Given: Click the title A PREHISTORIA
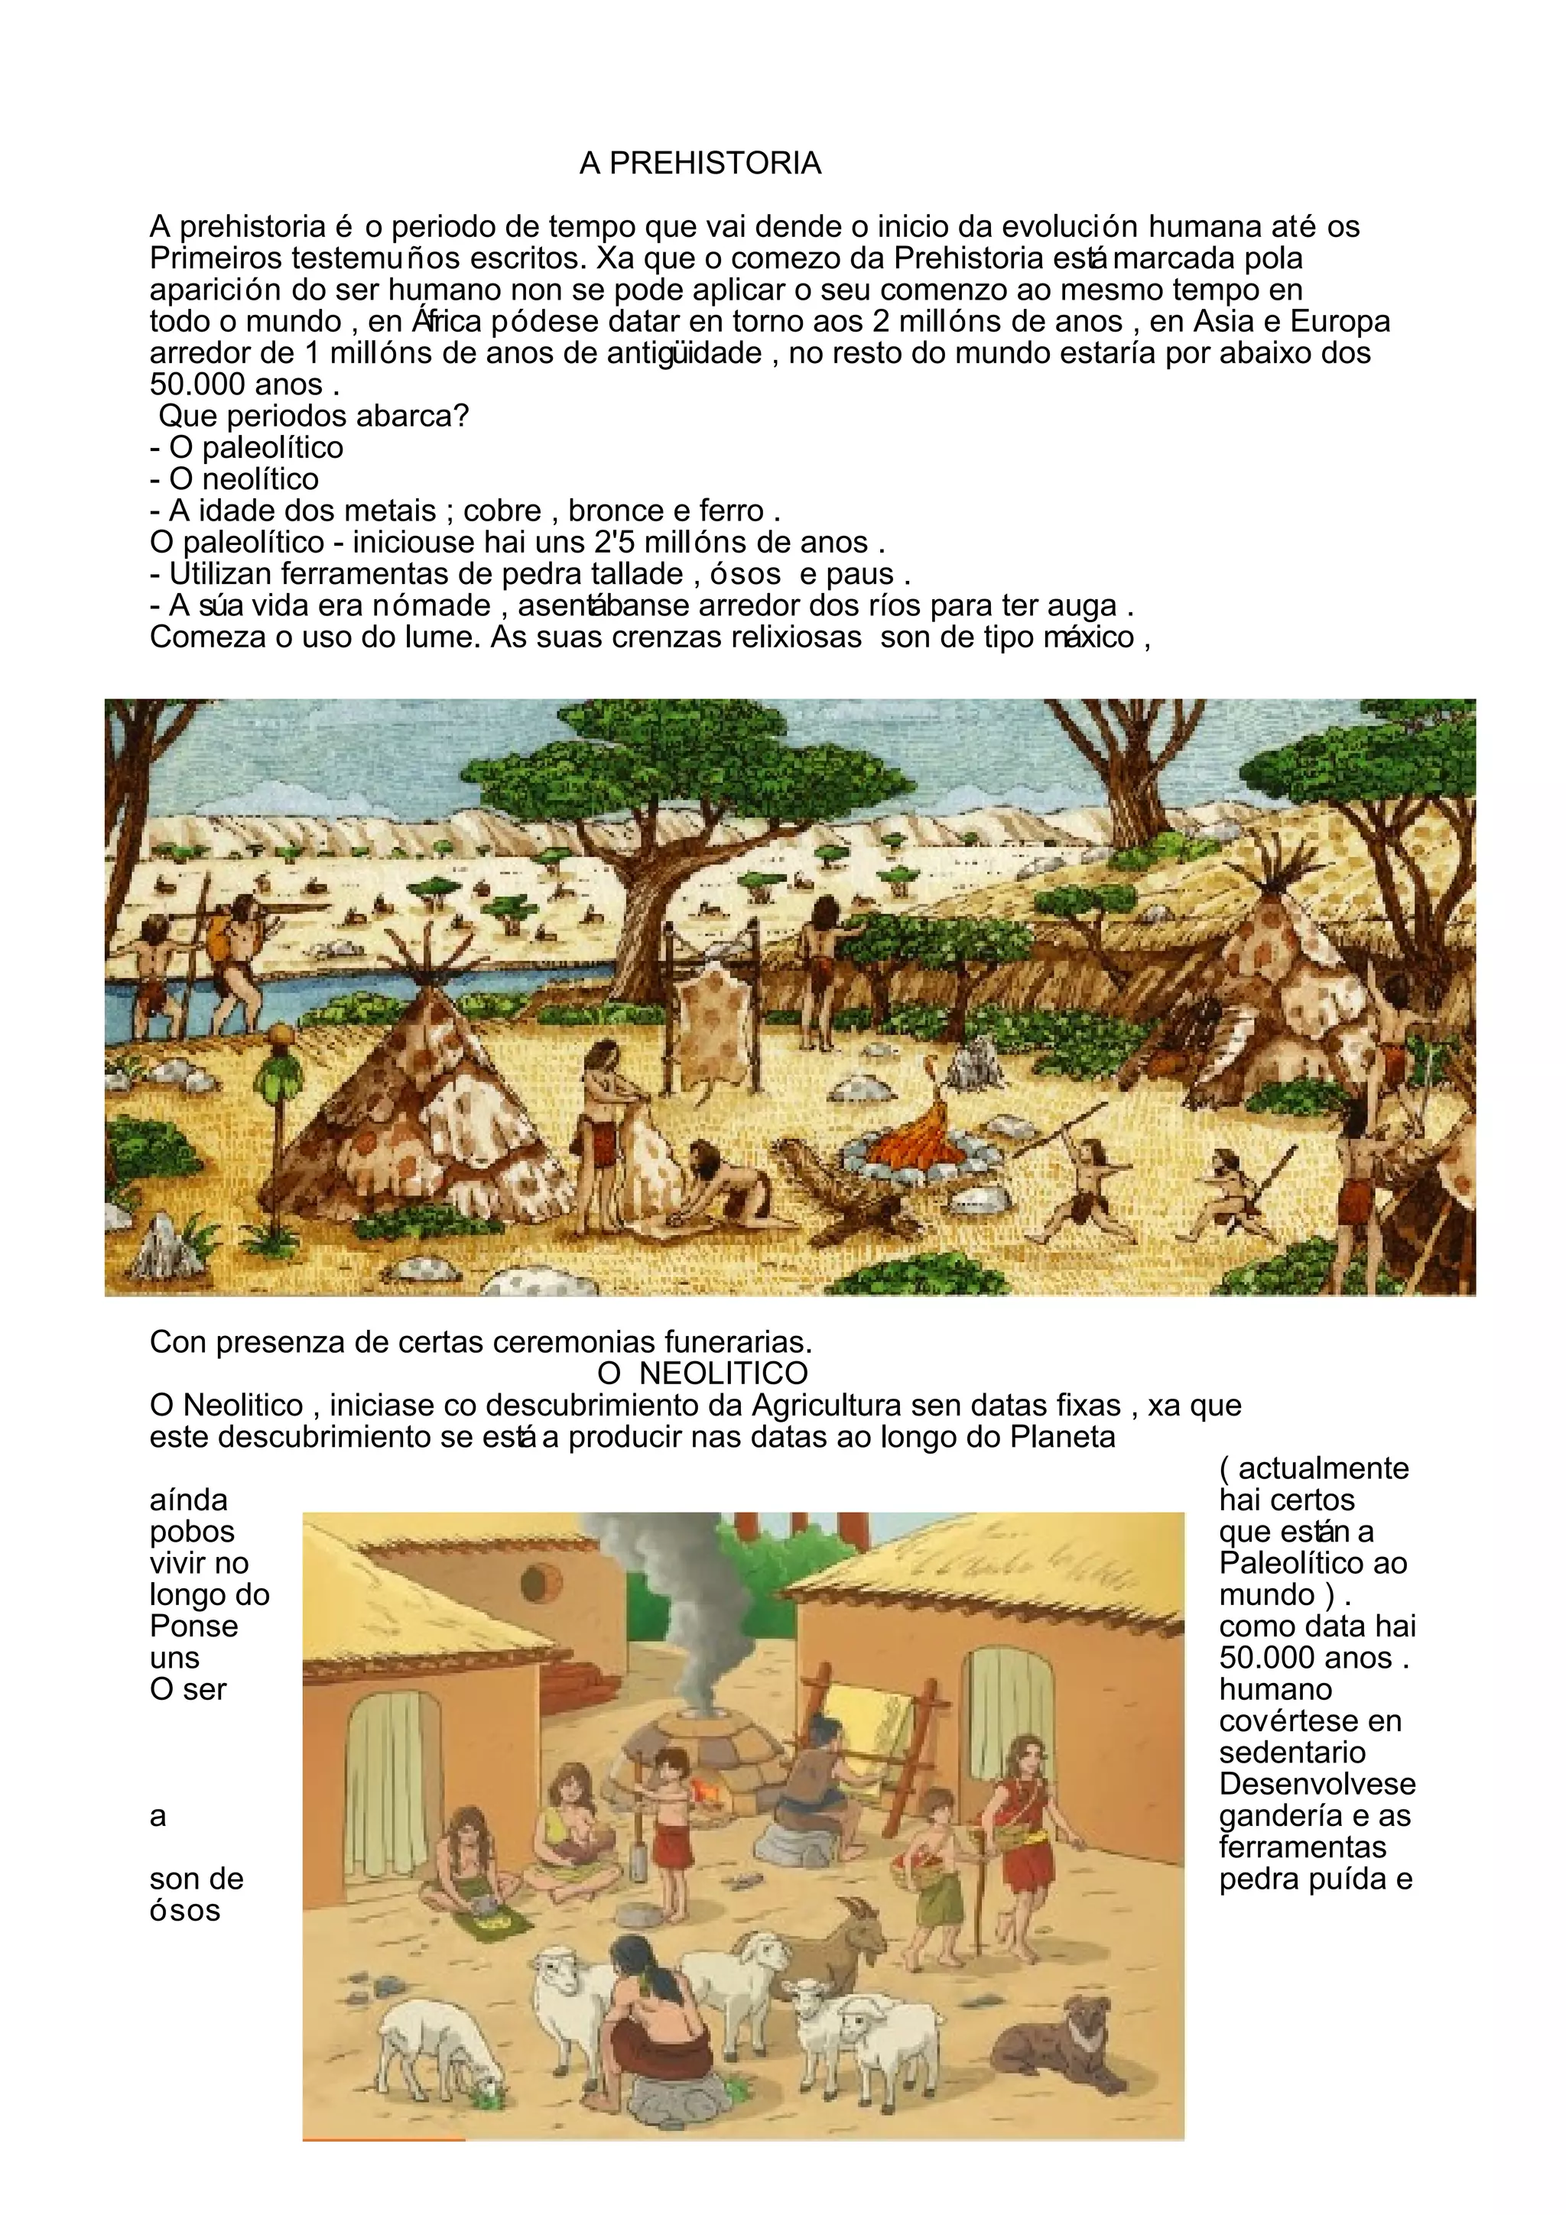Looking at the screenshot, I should pyautogui.click(x=700, y=164).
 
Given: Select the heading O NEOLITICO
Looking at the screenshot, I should pyautogui.click(x=703, y=1373).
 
